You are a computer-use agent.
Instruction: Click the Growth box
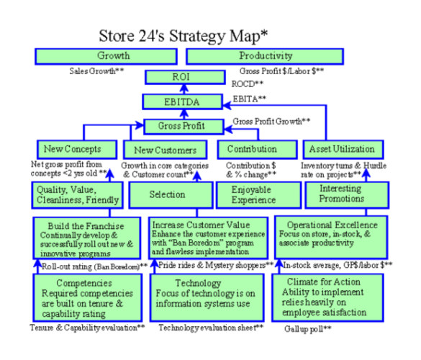point(106,56)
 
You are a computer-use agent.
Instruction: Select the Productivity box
point(265,56)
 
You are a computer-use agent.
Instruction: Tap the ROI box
point(185,77)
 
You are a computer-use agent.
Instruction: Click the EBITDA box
point(183,102)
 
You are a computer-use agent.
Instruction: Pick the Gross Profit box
point(184,127)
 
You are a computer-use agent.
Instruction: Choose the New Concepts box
point(77,149)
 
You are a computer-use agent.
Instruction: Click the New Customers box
point(165,149)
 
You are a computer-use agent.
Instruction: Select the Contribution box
point(257,149)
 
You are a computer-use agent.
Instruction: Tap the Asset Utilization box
point(343,149)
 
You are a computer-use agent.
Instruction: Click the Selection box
point(171,195)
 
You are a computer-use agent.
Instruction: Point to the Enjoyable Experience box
point(258,195)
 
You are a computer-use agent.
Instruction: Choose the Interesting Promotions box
point(347,195)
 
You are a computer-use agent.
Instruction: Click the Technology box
point(207,297)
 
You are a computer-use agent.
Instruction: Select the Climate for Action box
point(327,297)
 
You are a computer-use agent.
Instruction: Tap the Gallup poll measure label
point(308,329)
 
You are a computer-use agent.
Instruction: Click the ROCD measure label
point(248,84)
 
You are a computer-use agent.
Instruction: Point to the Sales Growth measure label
point(96,71)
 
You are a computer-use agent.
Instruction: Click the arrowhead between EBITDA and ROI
point(184,88)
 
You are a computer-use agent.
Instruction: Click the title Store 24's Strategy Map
point(184,36)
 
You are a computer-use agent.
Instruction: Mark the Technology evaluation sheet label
point(211,328)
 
